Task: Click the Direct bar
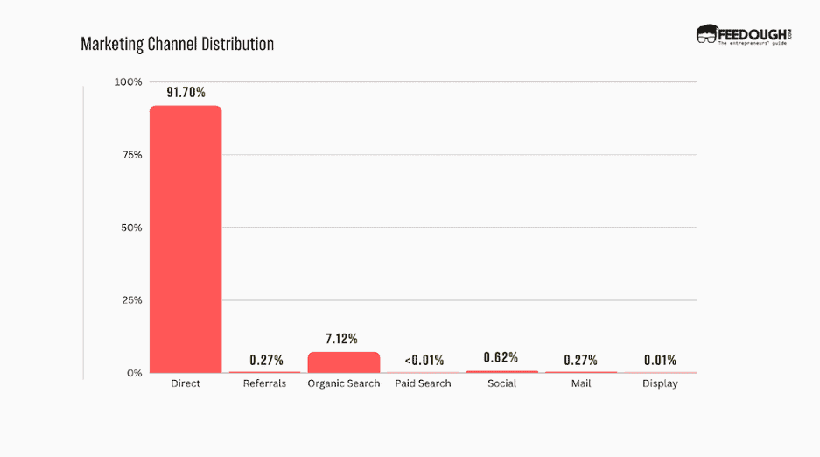coord(186,239)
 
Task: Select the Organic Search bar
coord(343,362)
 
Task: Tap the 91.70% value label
coord(186,91)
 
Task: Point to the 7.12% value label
coord(343,339)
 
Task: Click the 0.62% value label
coord(501,357)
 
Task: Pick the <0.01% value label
coord(423,360)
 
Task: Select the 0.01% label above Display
coord(660,360)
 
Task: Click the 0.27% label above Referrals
coord(264,360)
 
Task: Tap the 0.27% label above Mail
coord(581,360)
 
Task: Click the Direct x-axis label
coord(186,383)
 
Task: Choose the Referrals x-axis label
coord(264,383)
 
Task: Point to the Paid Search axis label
coord(423,383)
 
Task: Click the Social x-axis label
coord(501,383)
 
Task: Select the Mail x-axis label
coord(581,383)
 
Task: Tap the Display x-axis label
coord(660,383)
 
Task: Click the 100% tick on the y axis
coord(128,82)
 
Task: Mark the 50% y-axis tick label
coord(131,228)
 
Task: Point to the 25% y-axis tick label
coord(131,300)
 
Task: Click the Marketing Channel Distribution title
coord(177,44)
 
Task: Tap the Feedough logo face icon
coord(706,34)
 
